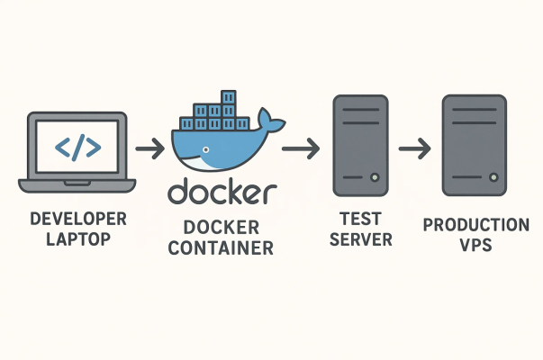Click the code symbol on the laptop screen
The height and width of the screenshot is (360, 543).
(x=77, y=147)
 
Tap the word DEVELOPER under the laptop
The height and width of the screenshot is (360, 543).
(x=77, y=219)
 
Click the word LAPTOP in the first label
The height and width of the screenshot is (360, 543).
(x=77, y=240)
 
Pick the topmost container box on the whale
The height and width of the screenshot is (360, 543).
(x=228, y=96)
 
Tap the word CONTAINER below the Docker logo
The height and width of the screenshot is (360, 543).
(x=222, y=247)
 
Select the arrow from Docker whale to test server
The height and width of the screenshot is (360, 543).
(x=300, y=147)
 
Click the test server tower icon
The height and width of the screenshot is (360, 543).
(x=360, y=144)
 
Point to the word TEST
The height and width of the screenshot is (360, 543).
(x=360, y=218)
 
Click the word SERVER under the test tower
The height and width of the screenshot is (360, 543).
(x=360, y=239)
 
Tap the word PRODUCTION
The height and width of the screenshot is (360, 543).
(x=475, y=223)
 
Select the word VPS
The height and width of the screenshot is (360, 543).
(x=475, y=245)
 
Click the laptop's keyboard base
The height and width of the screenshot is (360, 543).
(x=77, y=185)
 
